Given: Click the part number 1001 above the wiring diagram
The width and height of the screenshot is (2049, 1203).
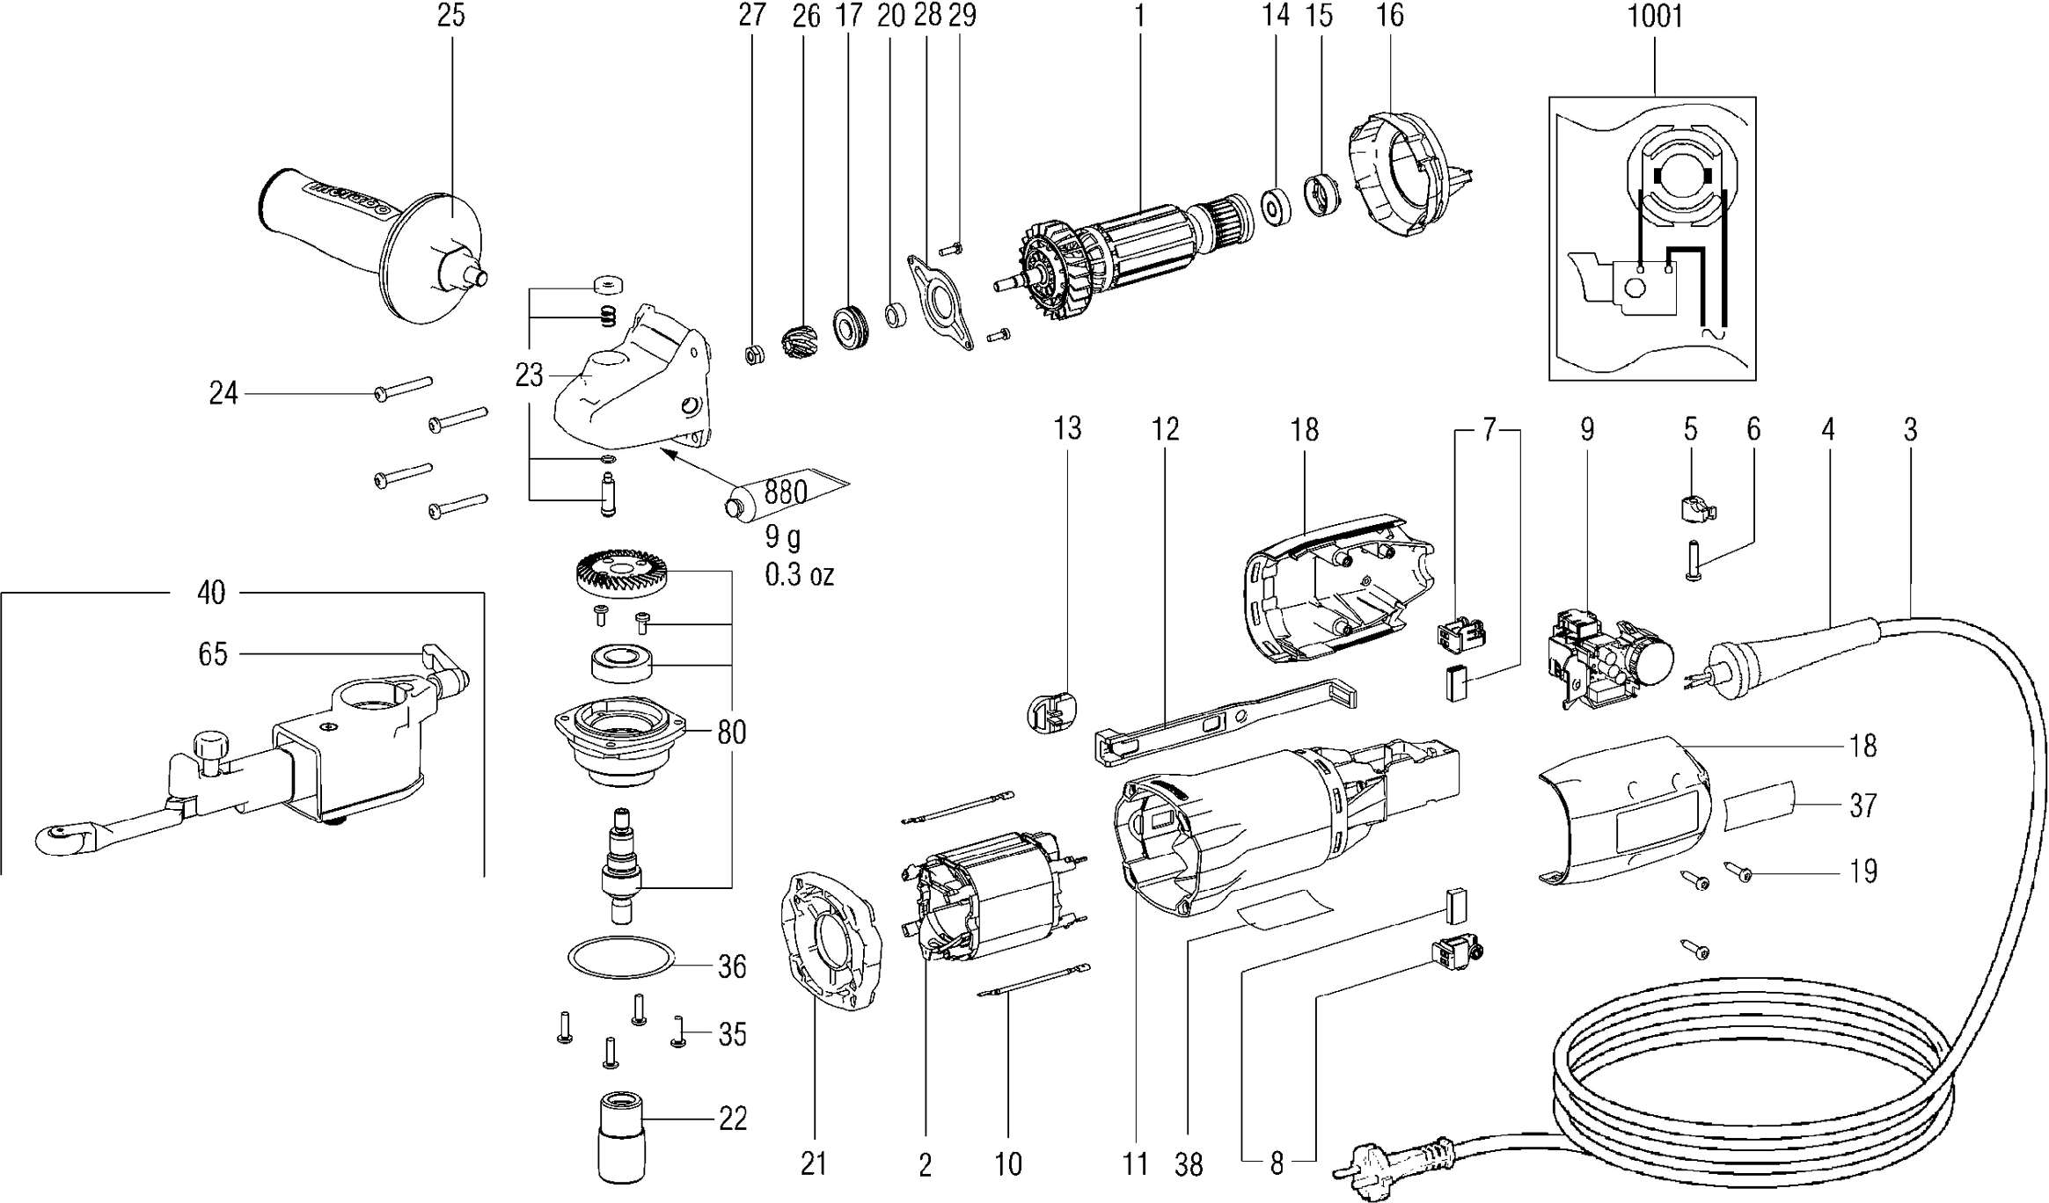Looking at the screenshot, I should (1655, 17).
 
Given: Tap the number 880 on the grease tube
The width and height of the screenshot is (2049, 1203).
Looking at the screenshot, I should (786, 492).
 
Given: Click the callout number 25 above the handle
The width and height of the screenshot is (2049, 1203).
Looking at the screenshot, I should (450, 16).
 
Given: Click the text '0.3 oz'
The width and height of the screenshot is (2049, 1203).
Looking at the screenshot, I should (799, 575).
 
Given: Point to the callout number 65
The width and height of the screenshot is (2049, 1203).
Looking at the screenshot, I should (213, 654).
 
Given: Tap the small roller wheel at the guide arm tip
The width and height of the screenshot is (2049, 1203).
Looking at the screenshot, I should (60, 836).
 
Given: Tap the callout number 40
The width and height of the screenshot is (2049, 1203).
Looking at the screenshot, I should (211, 594).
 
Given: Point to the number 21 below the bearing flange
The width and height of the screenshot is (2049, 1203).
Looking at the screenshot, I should (814, 1164).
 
